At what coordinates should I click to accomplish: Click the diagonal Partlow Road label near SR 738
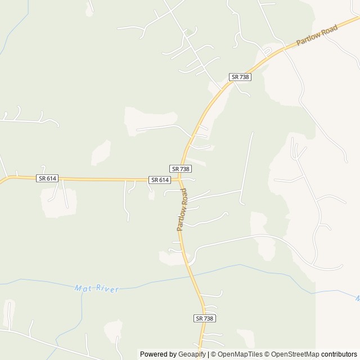[317, 38]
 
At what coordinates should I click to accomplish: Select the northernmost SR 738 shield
[240, 76]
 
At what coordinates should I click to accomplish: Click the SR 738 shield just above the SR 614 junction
[181, 169]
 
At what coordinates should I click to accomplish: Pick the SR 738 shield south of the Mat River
[205, 318]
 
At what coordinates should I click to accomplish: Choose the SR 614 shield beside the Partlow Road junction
[160, 180]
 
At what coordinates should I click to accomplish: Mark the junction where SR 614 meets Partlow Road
[179, 180]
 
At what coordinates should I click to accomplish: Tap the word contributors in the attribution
[339, 354]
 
